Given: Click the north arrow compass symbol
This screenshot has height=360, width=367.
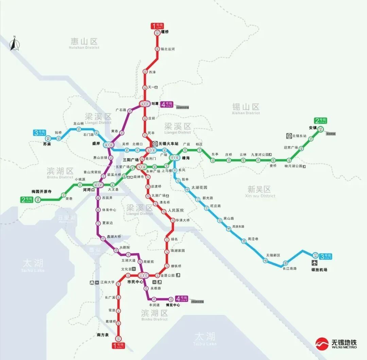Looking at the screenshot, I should point(14,44).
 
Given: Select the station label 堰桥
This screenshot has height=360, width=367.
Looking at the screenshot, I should point(165,32).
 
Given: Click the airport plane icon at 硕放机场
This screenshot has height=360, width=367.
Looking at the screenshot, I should point(314,263).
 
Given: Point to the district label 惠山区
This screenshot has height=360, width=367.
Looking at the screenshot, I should point(84,42).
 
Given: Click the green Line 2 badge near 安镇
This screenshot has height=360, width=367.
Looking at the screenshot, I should point(320,121).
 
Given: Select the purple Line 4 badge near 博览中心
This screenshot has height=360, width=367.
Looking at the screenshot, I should point(181,299).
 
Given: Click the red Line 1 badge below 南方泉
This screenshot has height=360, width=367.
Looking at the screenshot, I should point(119,345).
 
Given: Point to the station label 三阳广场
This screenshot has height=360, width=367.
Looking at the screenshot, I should point(130,160).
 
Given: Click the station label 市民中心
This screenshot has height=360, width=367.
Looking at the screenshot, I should point(135,282).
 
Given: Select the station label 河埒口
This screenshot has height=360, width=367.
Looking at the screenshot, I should point(89,190).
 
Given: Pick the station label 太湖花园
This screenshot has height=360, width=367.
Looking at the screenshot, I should point(199,187).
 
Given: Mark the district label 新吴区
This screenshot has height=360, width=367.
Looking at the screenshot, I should point(259,189).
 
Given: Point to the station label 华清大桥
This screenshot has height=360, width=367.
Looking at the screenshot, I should point(183,220).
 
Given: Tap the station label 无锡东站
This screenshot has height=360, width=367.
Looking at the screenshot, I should point(299,136).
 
